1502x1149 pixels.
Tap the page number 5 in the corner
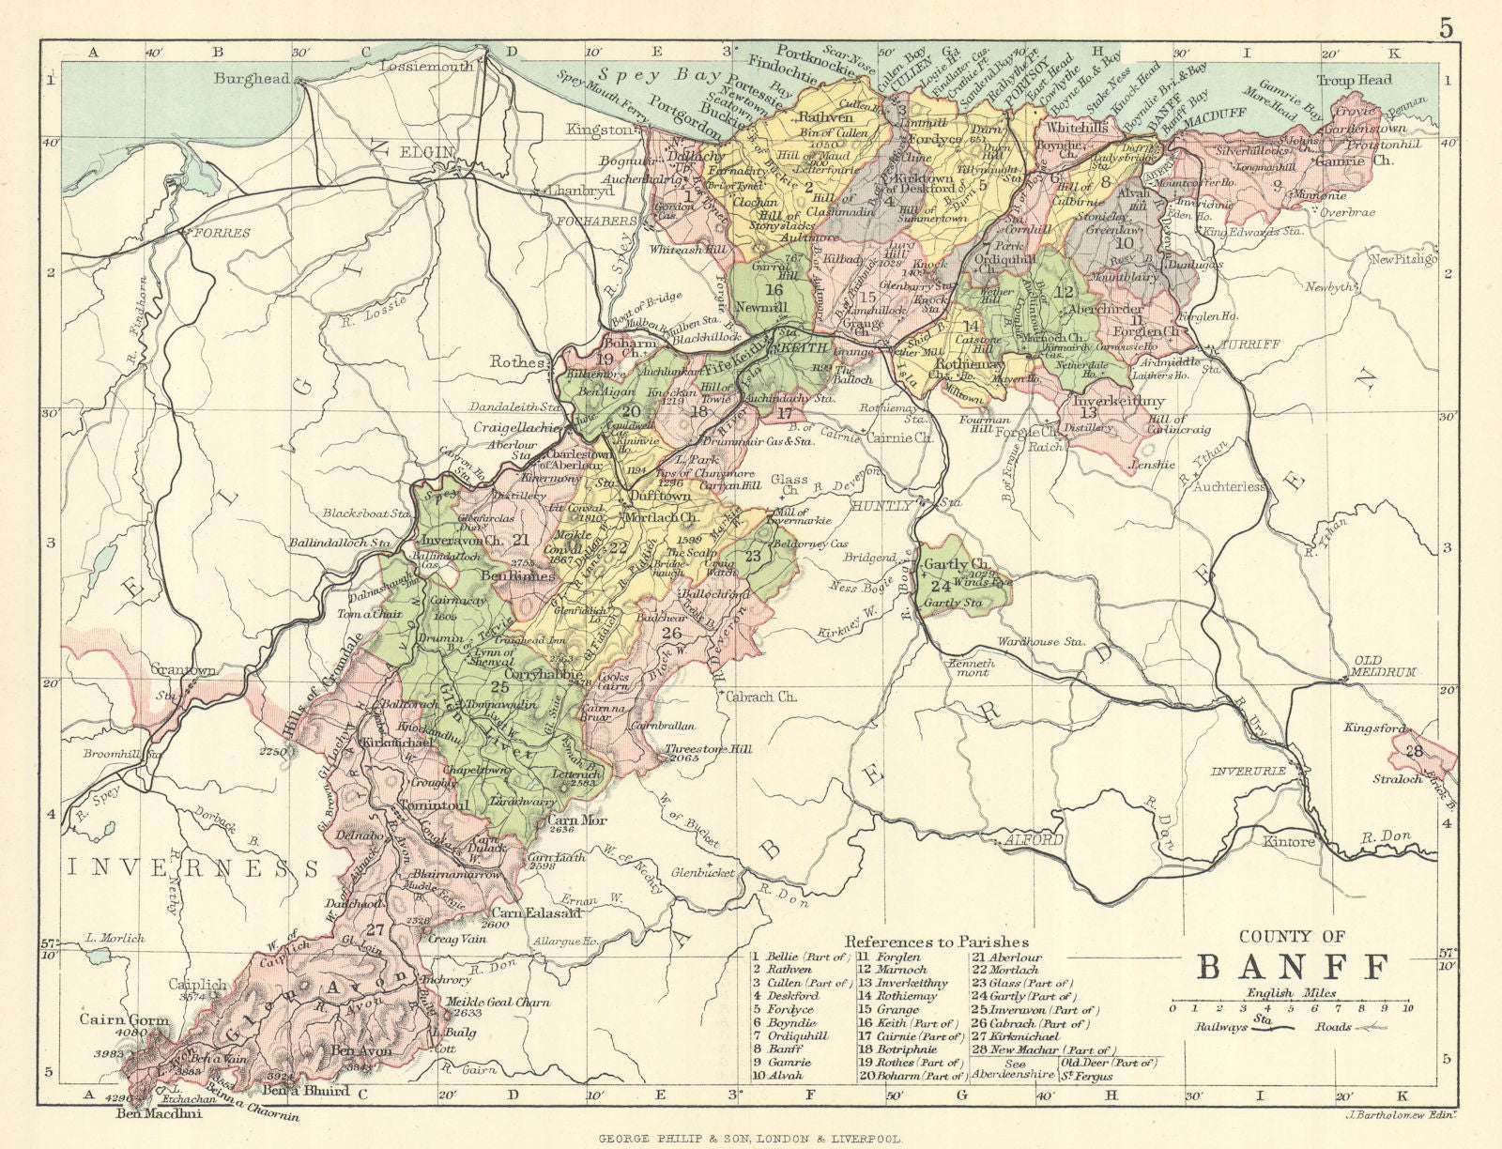pos(1446,28)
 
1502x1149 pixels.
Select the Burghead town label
pos(252,79)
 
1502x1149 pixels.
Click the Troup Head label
pos(1354,80)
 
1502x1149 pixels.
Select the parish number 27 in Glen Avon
pos(376,930)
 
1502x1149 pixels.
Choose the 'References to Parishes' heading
pos(936,942)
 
